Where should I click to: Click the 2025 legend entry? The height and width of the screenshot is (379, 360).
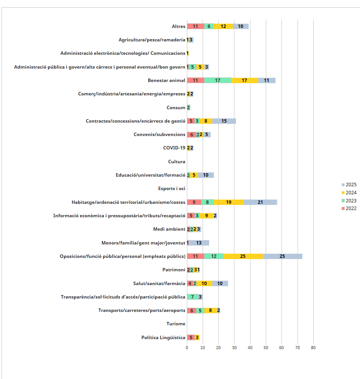coord(349,185)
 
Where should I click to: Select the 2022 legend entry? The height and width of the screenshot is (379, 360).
coord(349,208)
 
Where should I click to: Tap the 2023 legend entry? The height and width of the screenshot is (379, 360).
coord(349,200)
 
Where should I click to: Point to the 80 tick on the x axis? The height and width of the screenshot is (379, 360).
coord(313,347)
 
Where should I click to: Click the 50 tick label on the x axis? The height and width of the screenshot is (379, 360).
coord(266,347)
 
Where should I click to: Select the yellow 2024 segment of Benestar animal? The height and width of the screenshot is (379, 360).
coord(244,80)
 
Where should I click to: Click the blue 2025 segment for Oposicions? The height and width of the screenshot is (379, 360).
coord(282,256)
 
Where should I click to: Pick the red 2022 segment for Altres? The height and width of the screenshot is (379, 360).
coord(195,26)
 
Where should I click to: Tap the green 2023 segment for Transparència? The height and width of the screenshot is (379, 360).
coord(193,297)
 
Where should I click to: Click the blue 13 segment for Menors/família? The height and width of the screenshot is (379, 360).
coord(199,243)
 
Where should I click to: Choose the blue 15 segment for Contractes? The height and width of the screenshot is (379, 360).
coord(224,121)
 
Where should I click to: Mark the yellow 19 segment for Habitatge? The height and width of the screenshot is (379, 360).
coord(229,202)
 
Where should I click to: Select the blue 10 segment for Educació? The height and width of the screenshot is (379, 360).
coord(206,175)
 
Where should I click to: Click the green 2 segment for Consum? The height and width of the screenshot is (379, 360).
coord(188,108)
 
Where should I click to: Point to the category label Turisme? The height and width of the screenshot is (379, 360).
coord(176,324)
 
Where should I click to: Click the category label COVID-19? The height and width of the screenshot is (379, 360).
coord(174,148)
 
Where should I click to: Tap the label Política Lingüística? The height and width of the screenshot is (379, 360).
coord(163,338)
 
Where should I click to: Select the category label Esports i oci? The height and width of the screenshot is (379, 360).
coord(172,189)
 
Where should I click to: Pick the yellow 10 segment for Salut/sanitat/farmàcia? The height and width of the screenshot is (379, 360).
coord(204,284)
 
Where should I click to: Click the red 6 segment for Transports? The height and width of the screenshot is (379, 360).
coord(191,310)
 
